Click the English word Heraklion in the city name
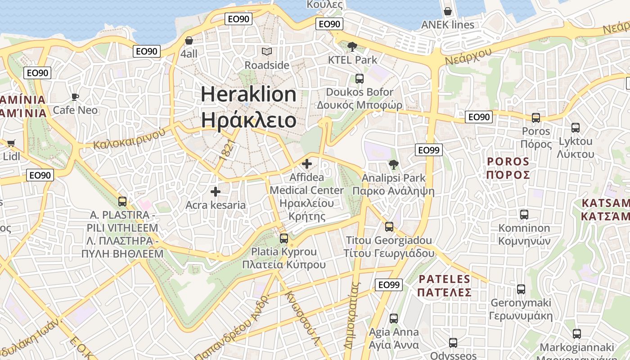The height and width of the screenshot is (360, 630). [x=248, y=94]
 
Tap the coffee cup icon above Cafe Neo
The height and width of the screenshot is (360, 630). [x=75, y=97]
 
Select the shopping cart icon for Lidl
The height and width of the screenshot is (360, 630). [x=11, y=144]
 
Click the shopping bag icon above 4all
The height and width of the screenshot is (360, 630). [x=189, y=40]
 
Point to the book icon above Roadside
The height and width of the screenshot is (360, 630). [x=267, y=52]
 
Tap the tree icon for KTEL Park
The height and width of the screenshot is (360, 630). [x=352, y=46]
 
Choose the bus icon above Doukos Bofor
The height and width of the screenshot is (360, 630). [x=360, y=79]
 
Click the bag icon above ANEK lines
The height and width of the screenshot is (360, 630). [x=448, y=11]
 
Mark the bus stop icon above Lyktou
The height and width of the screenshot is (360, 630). [x=576, y=128]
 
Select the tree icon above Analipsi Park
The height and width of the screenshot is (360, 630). [x=394, y=165]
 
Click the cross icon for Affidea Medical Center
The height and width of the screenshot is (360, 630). [x=307, y=164]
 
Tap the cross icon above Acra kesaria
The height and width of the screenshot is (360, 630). [x=216, y=192]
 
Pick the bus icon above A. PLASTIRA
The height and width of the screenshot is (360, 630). [x=122, y=202]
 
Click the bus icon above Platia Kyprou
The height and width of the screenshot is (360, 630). [x=284, y=238]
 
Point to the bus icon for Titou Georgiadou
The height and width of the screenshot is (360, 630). [x=389, y=227]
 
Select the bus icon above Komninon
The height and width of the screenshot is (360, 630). [x=524, y=215]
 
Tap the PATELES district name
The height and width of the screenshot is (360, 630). [x=444, y=279]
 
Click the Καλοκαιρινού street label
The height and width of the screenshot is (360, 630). [x=129, y=139]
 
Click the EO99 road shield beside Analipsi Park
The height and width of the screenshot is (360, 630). [x=429, y=150]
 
